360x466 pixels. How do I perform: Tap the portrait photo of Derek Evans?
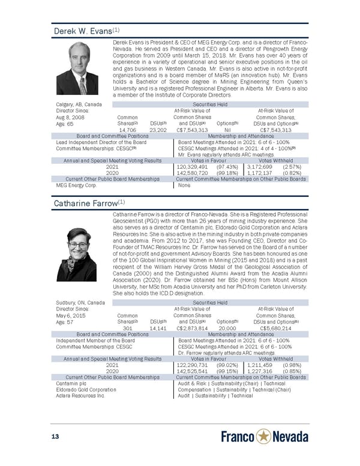coord(77,68)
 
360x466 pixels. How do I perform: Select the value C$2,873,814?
coord(191,328)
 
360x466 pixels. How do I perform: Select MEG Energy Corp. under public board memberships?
coord(75,185)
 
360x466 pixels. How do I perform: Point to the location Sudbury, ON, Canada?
coord(79,303)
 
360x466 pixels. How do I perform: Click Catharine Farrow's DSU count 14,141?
coord(158,328)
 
